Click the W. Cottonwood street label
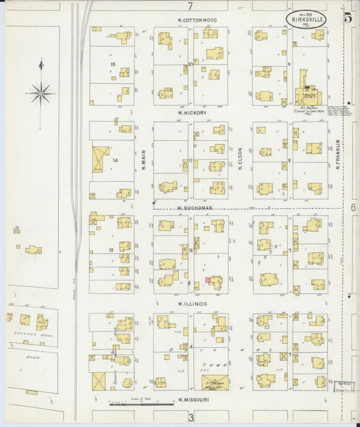coord(197,20)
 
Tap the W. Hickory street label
coord(192,113)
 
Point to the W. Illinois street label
coord(191,304)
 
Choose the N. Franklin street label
coord(336,154)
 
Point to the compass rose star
coord(42,92)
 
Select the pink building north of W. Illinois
coord(208,280)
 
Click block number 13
coord(111,250)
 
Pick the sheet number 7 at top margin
coord(190,6)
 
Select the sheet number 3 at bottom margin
coord(191,418)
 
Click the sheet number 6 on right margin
coord(353,208)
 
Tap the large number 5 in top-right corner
coord(347,18)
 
